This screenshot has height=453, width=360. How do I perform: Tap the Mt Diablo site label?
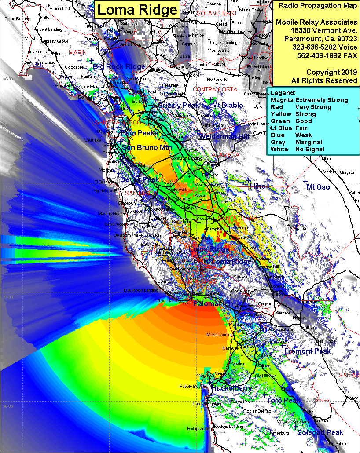[227, 106]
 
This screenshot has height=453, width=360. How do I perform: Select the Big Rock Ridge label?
[119, 67]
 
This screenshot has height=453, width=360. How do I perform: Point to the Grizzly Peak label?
[178, 106]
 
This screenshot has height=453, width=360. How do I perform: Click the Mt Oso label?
[318, 187]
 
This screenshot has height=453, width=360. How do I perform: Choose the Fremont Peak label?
[307, 351]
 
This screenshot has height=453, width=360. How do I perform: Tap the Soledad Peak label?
[320, 432]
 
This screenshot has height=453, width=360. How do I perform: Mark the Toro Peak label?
[283, 400]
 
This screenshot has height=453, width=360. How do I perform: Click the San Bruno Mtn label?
[147, 148]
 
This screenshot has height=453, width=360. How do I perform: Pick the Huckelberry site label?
[231, 388]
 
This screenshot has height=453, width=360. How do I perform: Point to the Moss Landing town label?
[219, 335]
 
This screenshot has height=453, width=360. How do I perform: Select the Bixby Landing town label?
[199, 428]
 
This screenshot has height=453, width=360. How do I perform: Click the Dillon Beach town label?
[17, 19]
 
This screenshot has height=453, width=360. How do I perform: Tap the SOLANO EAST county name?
[217, 14]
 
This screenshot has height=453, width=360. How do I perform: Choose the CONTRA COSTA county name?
[215, 89]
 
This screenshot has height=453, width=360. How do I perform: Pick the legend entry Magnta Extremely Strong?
[309, 100]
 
